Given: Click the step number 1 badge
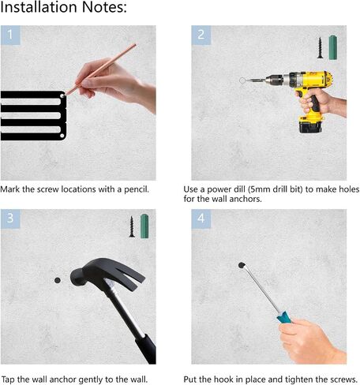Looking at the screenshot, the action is [x=10, y=35].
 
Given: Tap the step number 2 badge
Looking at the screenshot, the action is [x=201, y=35].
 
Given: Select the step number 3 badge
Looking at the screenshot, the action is [x=10, y=219].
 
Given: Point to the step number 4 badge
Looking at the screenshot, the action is [x=201, y=219].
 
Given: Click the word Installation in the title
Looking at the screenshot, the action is [x=39, y=7].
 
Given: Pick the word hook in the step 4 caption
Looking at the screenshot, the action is [x=223, y=379].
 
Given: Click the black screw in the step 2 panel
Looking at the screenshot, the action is [x=320, y=48].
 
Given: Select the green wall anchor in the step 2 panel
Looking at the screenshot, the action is [x=333, y=47].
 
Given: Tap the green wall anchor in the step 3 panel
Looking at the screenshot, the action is [x=144, y=226].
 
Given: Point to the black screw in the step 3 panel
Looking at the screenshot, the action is [x=132, y=226].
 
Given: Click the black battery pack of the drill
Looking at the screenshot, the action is [x=310, y=127].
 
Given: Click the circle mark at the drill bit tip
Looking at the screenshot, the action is [x=242, y=80].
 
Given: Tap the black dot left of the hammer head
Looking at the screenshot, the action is [x=58, y=280].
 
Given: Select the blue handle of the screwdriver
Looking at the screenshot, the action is [x=284, y=317].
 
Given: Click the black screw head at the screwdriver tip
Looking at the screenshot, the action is [x=242, y=265].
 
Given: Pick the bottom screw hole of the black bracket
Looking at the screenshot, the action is [x=62, y=136].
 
